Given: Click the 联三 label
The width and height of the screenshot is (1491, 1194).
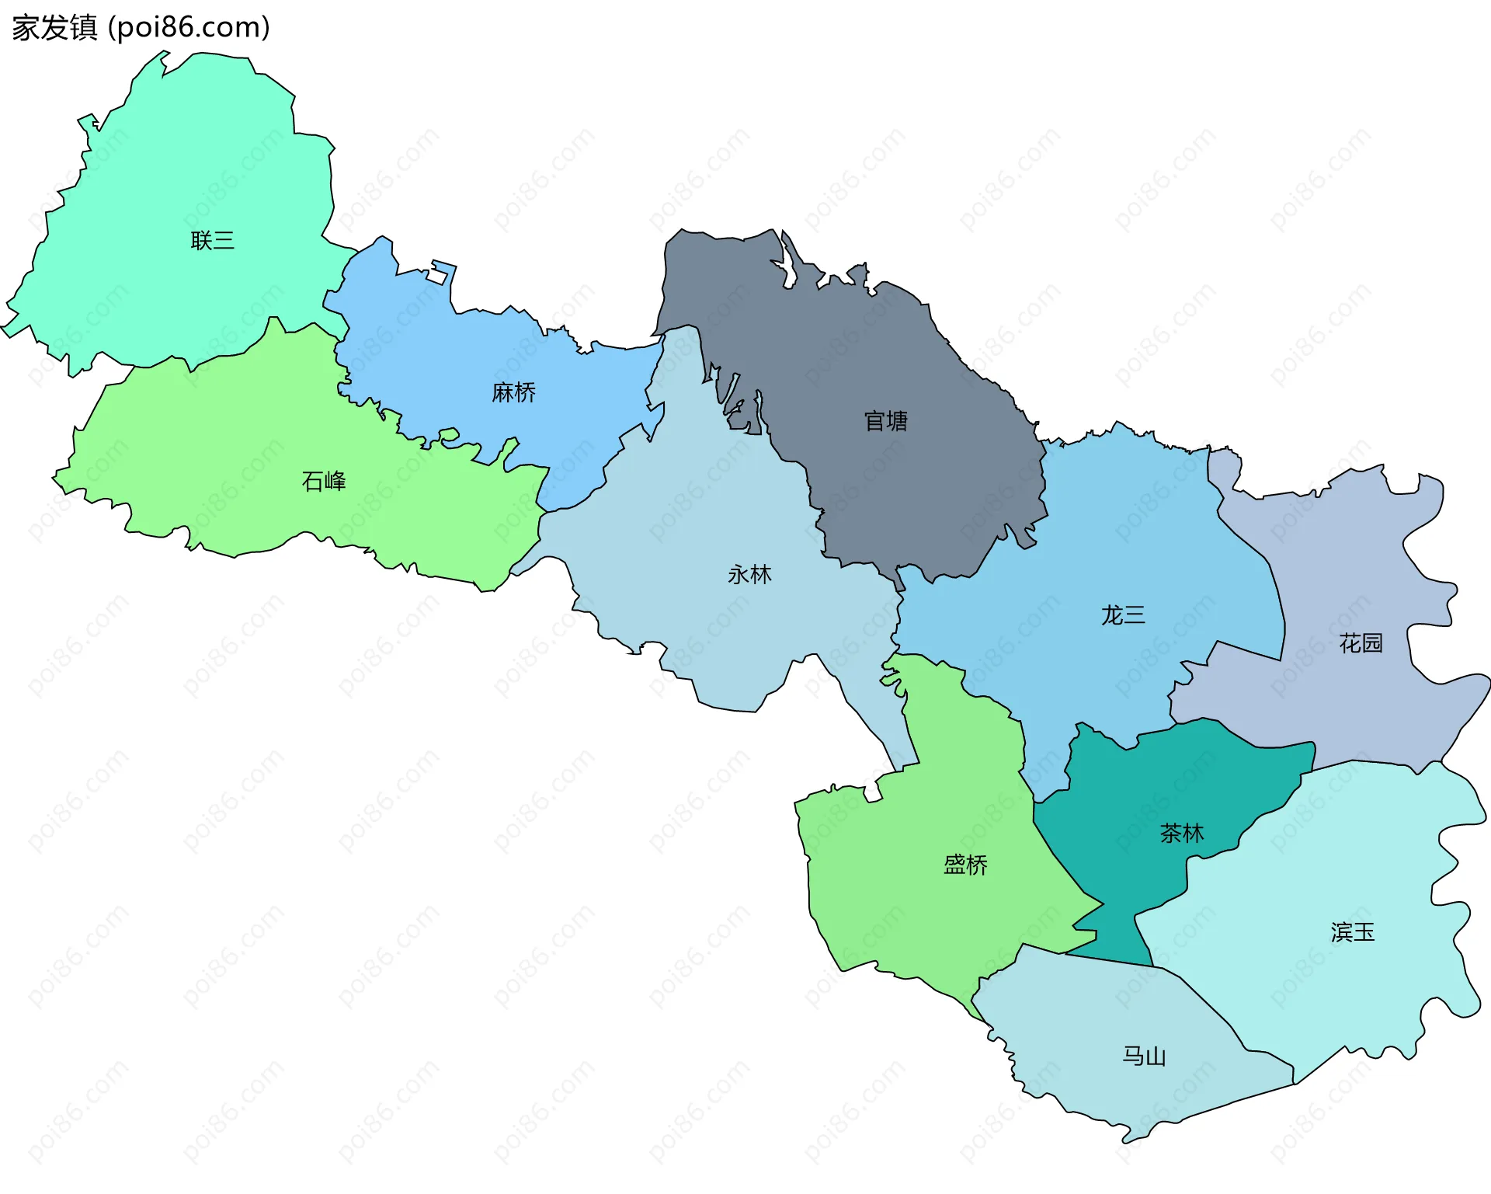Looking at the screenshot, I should point(212,241).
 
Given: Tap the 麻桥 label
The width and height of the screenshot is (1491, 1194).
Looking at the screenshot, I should point(513,393).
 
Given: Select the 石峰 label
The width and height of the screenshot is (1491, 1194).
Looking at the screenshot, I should point(324,482).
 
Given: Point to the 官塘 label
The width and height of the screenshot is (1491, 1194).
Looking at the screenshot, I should point(886,422).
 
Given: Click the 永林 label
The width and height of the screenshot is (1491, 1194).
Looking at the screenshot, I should point(749,575).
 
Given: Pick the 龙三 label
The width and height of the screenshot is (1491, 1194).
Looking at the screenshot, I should point(1123,616).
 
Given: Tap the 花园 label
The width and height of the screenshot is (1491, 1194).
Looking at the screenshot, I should point(1361,643).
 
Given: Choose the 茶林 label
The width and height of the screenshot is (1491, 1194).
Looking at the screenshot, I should point(1181,834).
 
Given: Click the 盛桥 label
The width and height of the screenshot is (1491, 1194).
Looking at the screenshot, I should point(965,865).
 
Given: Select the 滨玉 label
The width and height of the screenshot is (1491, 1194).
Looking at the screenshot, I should point(1352,932).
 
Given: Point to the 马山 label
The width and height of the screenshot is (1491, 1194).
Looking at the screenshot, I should point(1144,1056).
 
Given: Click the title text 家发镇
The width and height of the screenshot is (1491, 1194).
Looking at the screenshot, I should point(54,28).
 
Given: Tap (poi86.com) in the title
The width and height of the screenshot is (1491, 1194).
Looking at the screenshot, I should point(189,28).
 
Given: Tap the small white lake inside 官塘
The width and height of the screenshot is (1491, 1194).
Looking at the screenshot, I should point(789,264).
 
